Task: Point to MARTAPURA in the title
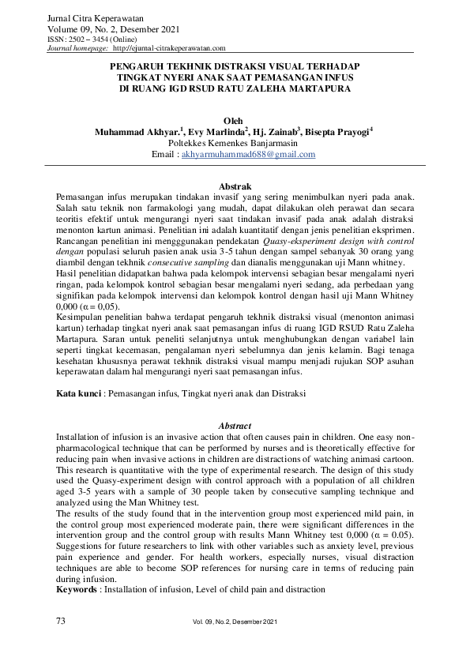(324, 90)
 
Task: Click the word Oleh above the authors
(235, 121)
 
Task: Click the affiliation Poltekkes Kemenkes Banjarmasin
(235, 143)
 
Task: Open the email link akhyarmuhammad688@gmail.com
(248, 155)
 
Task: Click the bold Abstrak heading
(235, 185)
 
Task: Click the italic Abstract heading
(235, 426)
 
